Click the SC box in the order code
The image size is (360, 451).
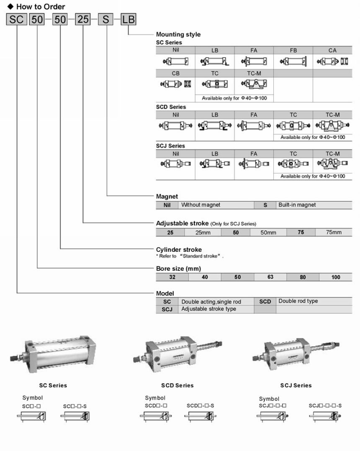click(x=16, y=19)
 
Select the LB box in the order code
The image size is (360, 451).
click(x=129, y=19)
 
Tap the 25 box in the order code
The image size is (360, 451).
click(x=83, y=19)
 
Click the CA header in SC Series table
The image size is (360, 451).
click(x=332, y=50)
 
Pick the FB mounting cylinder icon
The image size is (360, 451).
click(x=293, y=61)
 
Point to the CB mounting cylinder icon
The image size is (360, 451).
click(x=175, y=84)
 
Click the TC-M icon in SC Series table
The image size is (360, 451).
click(x=254, y=84)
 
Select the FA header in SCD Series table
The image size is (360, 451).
click(x=254, y=115)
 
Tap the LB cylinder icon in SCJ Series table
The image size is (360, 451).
click(x=215, y=164)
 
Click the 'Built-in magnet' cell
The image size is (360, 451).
click(x=297, y=205)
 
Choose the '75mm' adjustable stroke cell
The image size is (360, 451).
click(x=334, y=232)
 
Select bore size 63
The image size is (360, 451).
click(x=270, y=277)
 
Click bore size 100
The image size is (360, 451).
click(x=336, y=277)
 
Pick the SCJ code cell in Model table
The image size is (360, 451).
click(x=167, y=309)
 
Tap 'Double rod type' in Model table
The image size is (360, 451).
click(x=298, y=301)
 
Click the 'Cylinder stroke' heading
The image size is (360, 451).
click(x=179, y=250)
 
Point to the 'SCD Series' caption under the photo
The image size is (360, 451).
click(x=177, y=385)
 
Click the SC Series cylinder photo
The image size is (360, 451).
click(x=53, y=354)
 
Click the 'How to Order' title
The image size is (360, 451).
click(x=41, y=7)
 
